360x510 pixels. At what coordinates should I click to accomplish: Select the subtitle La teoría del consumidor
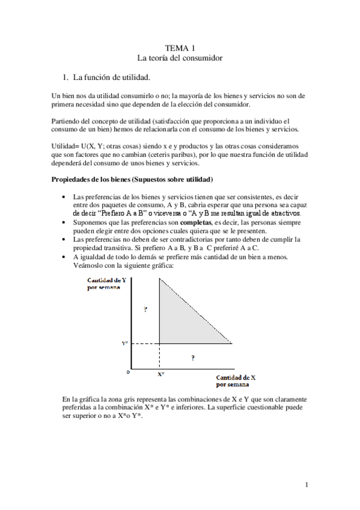click(180, 58)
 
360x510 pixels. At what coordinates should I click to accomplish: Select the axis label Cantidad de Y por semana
click(106, 284)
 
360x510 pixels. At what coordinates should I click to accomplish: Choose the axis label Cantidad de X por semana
click(236, 380)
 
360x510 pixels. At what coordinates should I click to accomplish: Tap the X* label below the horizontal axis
click(161, 373)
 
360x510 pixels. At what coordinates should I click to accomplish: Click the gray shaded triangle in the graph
click(180, 319)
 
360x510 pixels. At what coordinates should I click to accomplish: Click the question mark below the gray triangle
click(192, 357)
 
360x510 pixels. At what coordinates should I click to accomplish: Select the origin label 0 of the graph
click(127, 373)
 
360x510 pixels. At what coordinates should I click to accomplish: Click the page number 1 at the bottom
click(307, 485)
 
